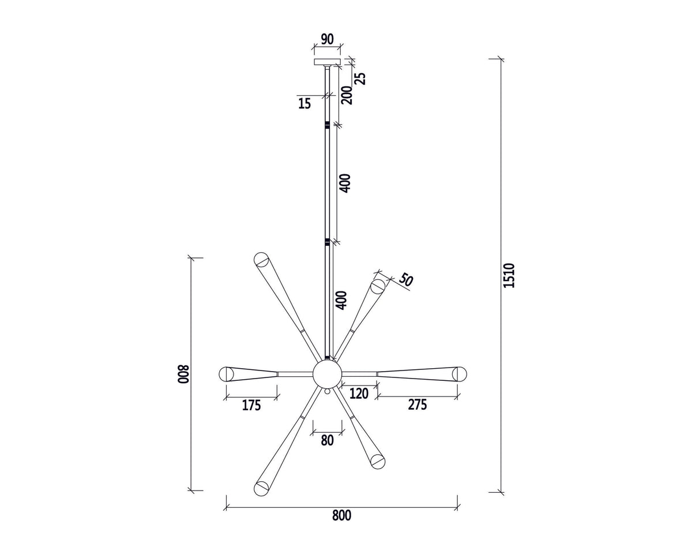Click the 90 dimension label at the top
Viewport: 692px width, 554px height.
point(328,39)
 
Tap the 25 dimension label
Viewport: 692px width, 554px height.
point(360,78)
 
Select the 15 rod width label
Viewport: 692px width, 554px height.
point(304,103)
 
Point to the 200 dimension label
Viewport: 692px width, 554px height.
point(347,95)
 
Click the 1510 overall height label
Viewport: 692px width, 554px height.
point(509,275)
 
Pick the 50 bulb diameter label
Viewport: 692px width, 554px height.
point(406,280)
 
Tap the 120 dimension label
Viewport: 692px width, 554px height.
point(359,394)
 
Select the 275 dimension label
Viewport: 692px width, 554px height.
point(418,405)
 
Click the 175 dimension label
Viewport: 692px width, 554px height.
point(251,405)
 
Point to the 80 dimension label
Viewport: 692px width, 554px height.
point(327,440)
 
